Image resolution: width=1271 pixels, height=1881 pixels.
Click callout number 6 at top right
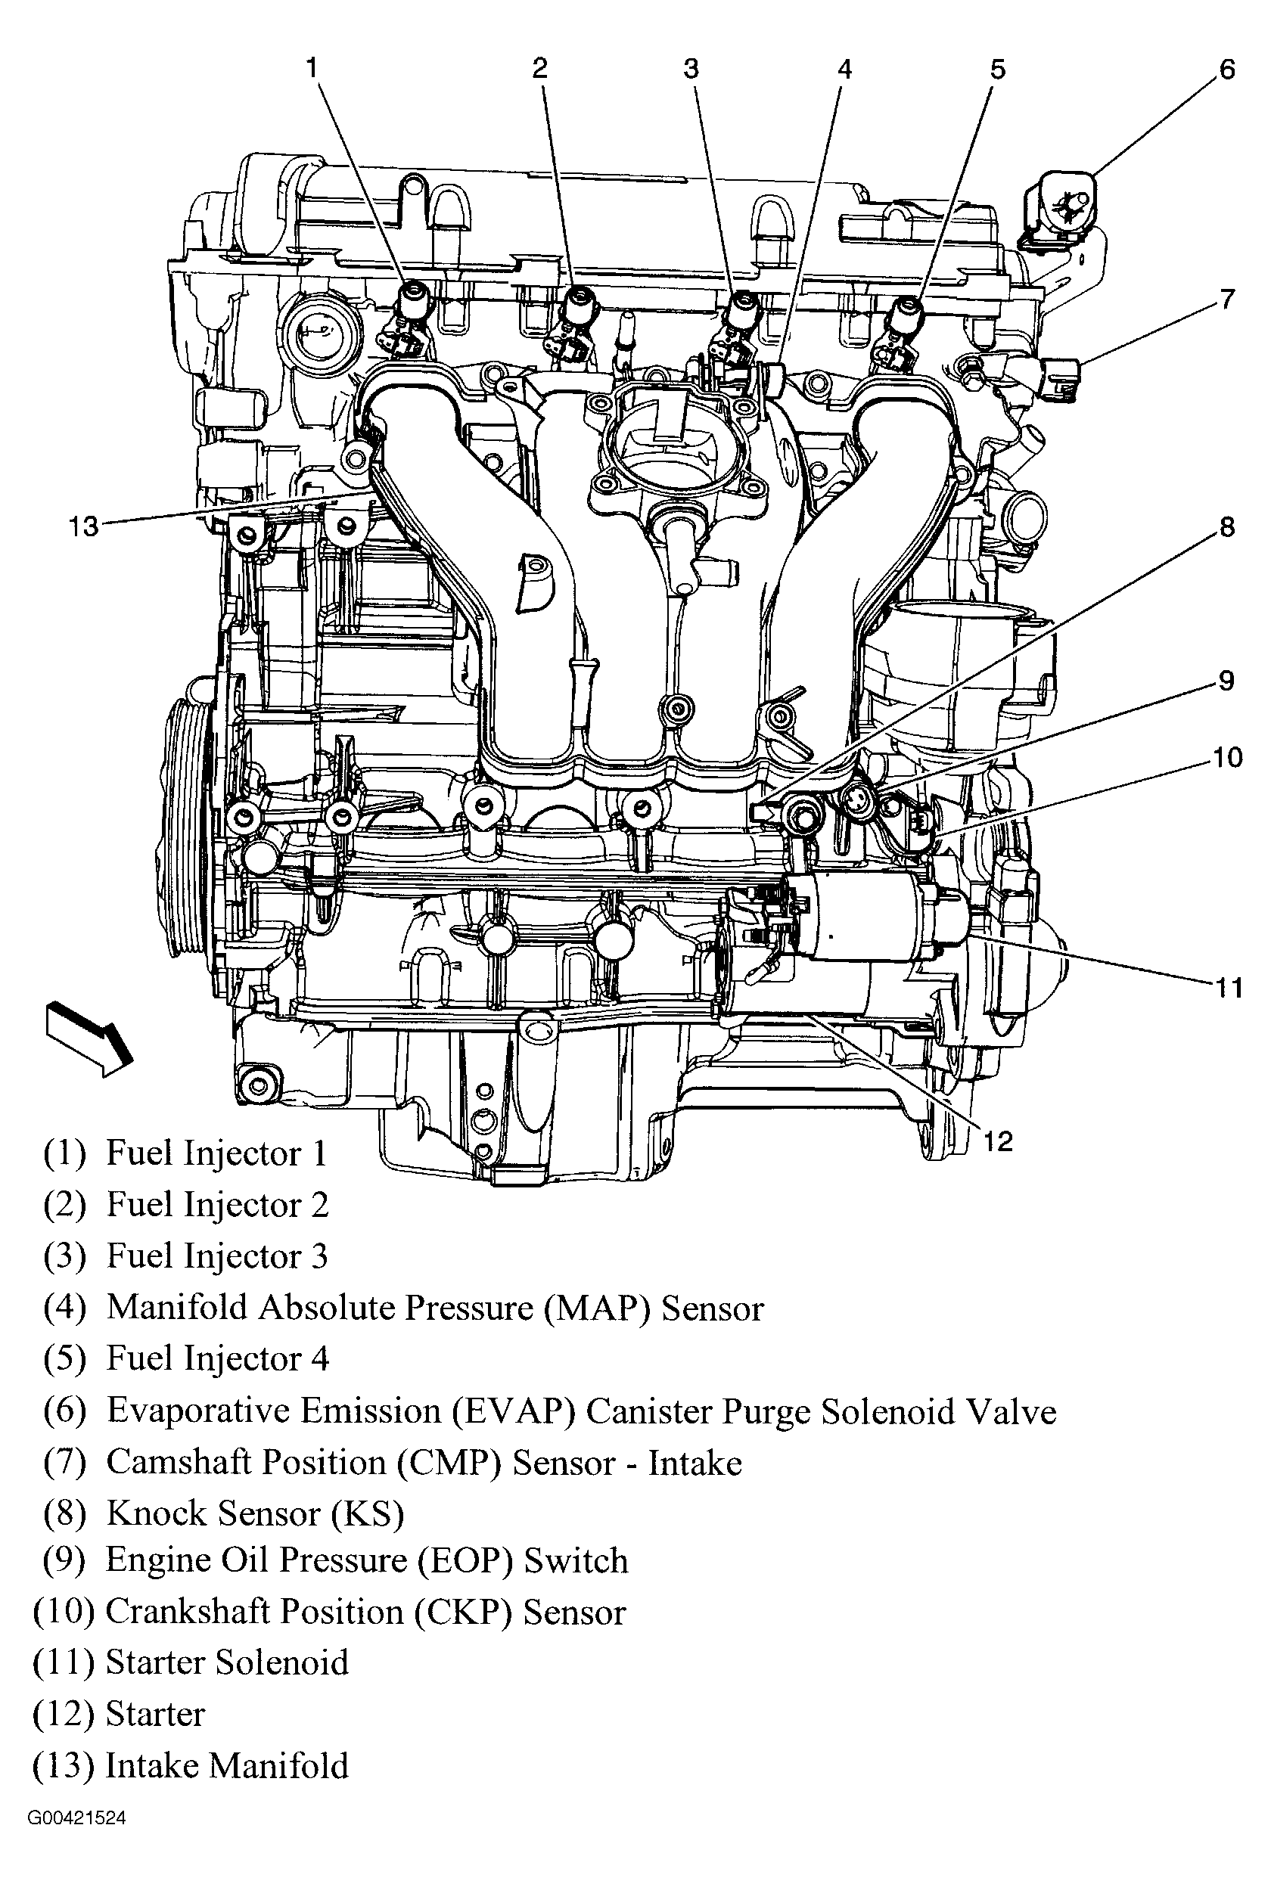pyautogui.click(x=1226, y=70)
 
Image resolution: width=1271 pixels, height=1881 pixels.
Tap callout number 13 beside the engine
pyautogui.click(x=83, y=527)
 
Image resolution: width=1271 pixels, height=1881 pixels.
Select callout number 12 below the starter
pyautogui.click(x=997, y=1141)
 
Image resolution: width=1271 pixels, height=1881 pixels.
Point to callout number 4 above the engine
pyautogui.click(x=844, y=70)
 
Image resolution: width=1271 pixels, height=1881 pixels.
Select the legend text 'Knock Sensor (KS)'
pyautogui.click(x=254, y=1513)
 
